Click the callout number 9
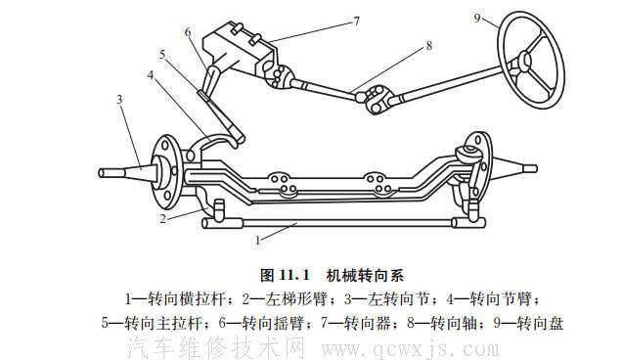[478, 18]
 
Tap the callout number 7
[329, 19]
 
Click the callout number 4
[150, 73]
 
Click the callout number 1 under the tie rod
[257, 238]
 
